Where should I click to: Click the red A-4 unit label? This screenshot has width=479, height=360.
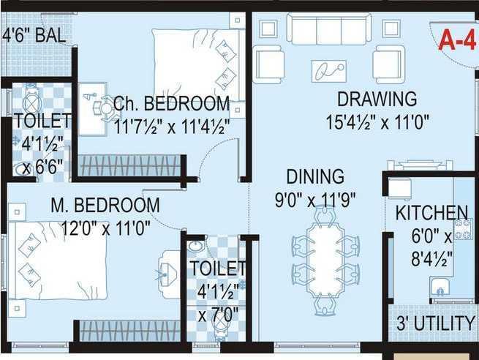(x=457, y=41)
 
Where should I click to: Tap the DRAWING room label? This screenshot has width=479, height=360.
(x=377, y=98)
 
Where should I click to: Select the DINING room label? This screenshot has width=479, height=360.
(x=314, y=177)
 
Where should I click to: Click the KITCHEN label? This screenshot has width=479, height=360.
(x=431, y=214)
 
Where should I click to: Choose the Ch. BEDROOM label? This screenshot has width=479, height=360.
(x=171, y=103)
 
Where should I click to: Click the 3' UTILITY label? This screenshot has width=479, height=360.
(x=436, y=323)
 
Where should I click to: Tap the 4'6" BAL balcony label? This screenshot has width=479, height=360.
(x=34, y=34)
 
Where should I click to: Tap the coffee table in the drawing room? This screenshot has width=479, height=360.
(x=329, y=70)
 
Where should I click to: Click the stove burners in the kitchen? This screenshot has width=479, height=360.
(x=462, y=229)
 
